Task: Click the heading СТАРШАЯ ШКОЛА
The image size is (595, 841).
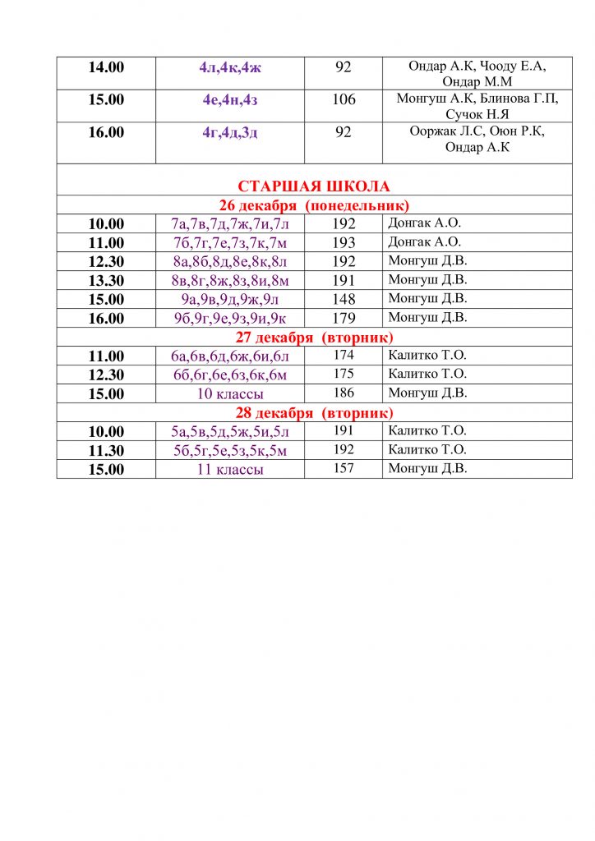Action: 314,186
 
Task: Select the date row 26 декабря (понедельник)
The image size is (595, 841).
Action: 314,205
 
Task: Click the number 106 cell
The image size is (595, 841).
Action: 344,99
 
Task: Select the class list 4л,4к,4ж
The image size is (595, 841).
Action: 231,67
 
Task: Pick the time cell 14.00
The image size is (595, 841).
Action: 106,67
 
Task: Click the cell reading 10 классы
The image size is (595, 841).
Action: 230,393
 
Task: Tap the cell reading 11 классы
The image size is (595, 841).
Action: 230,469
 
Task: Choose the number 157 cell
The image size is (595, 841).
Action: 344,469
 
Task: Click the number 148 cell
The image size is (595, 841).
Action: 344,299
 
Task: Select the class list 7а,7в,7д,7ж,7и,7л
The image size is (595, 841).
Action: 230,223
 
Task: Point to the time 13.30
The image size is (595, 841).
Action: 106,280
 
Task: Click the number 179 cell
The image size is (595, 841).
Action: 344,318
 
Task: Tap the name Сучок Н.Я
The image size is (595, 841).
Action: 477,114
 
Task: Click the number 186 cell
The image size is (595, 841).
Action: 344,393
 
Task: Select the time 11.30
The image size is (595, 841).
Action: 106,450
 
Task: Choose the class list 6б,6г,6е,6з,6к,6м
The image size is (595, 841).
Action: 230,375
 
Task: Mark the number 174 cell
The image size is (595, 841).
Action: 344,356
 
